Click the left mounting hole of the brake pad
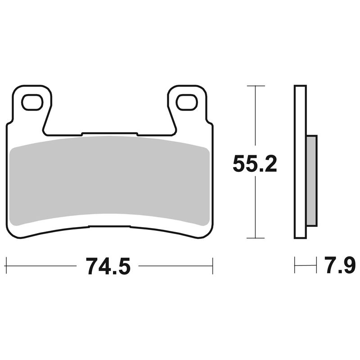(32, 102)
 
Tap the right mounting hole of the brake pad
(187, 102)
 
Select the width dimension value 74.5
(108, 266)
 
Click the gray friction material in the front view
(108, 180)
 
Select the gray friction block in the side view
(311, 180)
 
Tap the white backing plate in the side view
(300, 162)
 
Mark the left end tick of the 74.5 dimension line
(6, 266)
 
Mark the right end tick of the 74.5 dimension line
(212, 266)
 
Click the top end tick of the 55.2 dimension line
(256, 85)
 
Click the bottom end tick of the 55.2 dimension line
(256, 238)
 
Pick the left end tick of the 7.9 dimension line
(294, 265)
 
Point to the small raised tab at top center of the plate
(109, 133)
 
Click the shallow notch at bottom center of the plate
(109, 226)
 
